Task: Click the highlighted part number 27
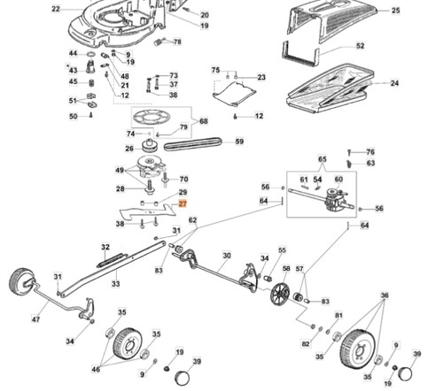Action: tap(183, 203)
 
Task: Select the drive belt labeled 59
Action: tap(192, 144)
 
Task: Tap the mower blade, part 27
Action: tap(148, 212)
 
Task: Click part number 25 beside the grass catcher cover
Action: tap(395, 11)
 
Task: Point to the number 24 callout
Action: tap(394, 83)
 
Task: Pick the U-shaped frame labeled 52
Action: tap(300, 55)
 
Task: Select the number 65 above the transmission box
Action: tap(323, 159)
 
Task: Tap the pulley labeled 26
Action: tap(151, 146)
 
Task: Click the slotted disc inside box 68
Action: tap(152, 118)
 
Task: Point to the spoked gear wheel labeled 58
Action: tap(280, 295)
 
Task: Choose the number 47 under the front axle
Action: tap(35, 319)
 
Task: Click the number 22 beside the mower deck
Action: tap(56, 9)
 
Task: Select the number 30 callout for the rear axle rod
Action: tap(227, 256)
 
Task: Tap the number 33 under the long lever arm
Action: tap(116, 284)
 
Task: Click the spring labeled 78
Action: tap(159, 42)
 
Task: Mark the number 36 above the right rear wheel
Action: tap(385, 295)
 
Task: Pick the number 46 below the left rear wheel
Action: tap(96, 369)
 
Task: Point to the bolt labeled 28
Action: tap(150, 187)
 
